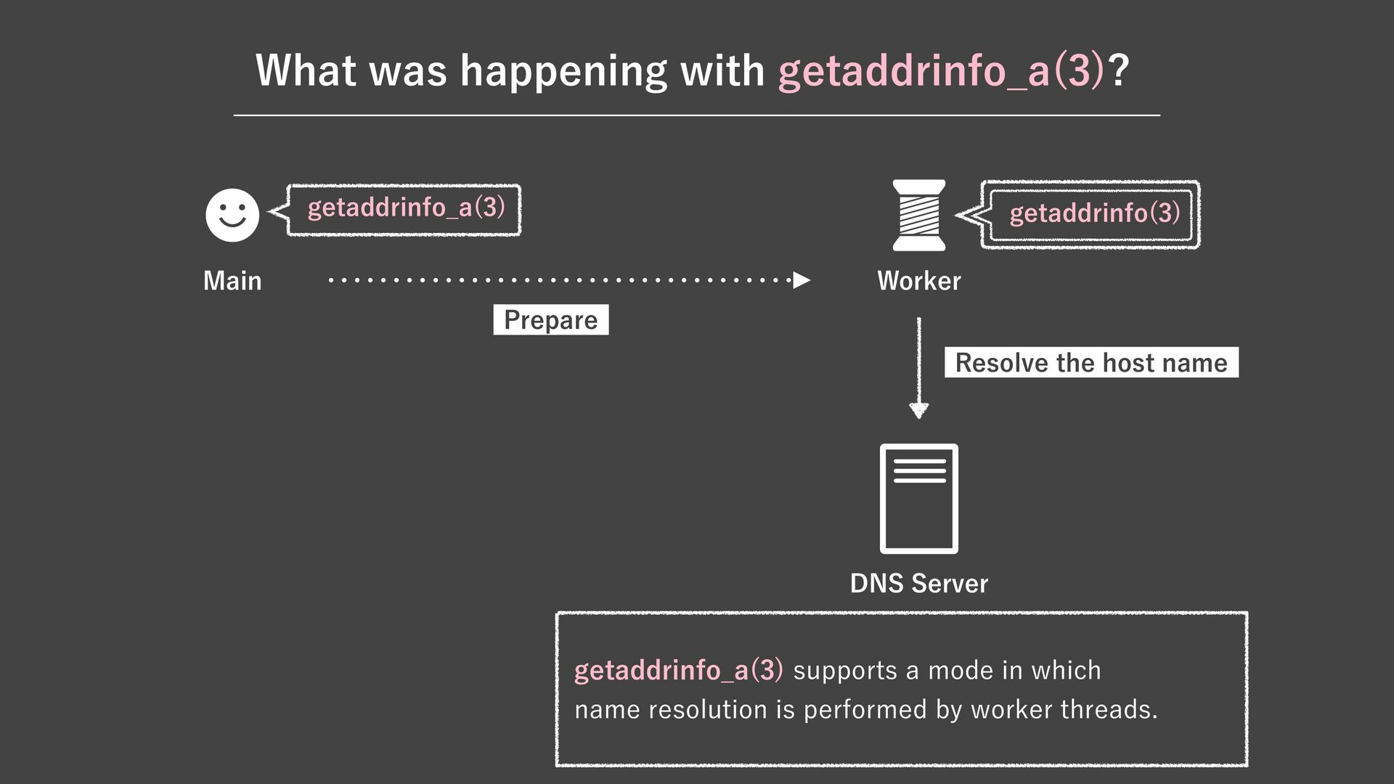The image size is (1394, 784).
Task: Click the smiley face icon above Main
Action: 232,215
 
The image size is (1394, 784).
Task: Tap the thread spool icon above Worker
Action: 918,215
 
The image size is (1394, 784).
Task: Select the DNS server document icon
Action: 918,499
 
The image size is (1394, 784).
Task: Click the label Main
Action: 232,281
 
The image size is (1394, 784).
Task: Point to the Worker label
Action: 918,281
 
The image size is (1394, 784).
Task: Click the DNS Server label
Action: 918,584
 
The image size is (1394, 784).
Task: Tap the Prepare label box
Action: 550,320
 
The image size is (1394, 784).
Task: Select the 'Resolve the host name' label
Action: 1091,363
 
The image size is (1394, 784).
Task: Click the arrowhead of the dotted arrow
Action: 802,280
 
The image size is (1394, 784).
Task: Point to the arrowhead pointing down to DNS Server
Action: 918,411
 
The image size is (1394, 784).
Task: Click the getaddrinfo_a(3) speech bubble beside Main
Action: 405,209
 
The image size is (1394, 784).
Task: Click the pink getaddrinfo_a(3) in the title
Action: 941,71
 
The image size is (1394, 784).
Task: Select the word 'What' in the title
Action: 306,71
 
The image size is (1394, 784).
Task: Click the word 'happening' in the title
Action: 563,71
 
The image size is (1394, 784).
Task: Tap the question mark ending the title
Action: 1119,71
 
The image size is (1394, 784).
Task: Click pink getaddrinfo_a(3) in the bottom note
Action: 678,670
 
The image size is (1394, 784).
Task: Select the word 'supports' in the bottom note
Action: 845,671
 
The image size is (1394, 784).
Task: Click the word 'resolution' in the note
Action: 707,709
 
